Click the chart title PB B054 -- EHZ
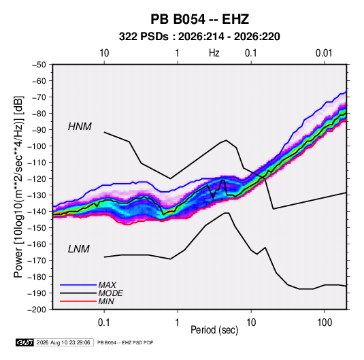[199, 19]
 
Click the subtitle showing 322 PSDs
[199, 37]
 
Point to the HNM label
[80, 127]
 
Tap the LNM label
[79, 249]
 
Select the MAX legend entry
[107, 284]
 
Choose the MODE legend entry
[110, 293]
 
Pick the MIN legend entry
[106, 301]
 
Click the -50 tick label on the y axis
[39, 65]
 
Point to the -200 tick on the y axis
[37, 310]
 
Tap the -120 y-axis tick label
[37, 179]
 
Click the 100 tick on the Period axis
[325, 322]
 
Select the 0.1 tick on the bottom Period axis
[104, 322]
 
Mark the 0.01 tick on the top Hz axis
[324, 53]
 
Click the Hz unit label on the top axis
[214, 53]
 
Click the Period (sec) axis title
[214, 330]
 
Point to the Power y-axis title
[18, 186]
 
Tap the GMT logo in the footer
[25, 342]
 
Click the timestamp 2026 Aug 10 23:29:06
[63, 342]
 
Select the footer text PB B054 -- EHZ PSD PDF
[125, 342]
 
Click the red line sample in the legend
[78, 301]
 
